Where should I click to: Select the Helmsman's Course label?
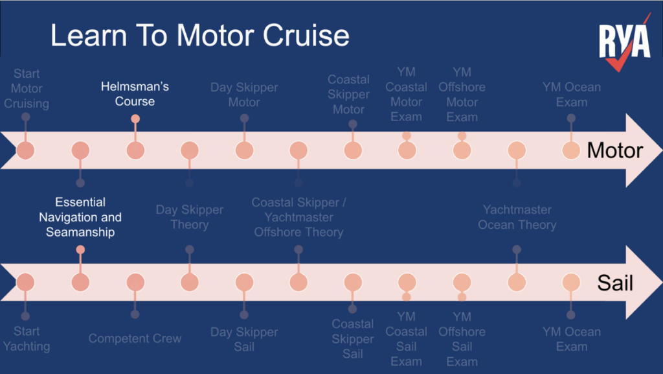(135, 94)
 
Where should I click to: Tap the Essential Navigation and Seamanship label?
(80, 217)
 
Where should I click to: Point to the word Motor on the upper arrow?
(614, 151)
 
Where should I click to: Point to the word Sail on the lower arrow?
(614, 283)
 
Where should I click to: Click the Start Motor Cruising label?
(26, 89)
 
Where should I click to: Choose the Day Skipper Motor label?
(244, 95)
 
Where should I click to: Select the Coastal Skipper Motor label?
(348, 95)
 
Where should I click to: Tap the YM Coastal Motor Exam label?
(407, 95)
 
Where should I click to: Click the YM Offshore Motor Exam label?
(462, 95)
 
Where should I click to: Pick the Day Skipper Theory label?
(189, 217)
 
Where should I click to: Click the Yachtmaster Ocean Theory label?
(517, 217)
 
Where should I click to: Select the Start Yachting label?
(26, 339)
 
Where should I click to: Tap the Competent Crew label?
(135, 338)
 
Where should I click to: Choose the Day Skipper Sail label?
(244, 339)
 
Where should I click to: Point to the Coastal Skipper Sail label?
(353, 339)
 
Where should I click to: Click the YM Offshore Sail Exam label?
(462, 339)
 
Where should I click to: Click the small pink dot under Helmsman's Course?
(135, 119)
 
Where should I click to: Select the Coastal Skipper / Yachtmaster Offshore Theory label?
(298, 217)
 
